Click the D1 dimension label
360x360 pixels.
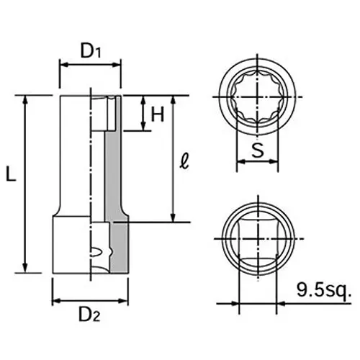(90, 50)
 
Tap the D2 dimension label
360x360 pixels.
(90, 315)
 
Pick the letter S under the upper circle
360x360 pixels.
(257, 150)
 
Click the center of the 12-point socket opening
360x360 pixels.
(257, 96)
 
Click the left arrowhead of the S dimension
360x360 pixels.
(240, 162)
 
